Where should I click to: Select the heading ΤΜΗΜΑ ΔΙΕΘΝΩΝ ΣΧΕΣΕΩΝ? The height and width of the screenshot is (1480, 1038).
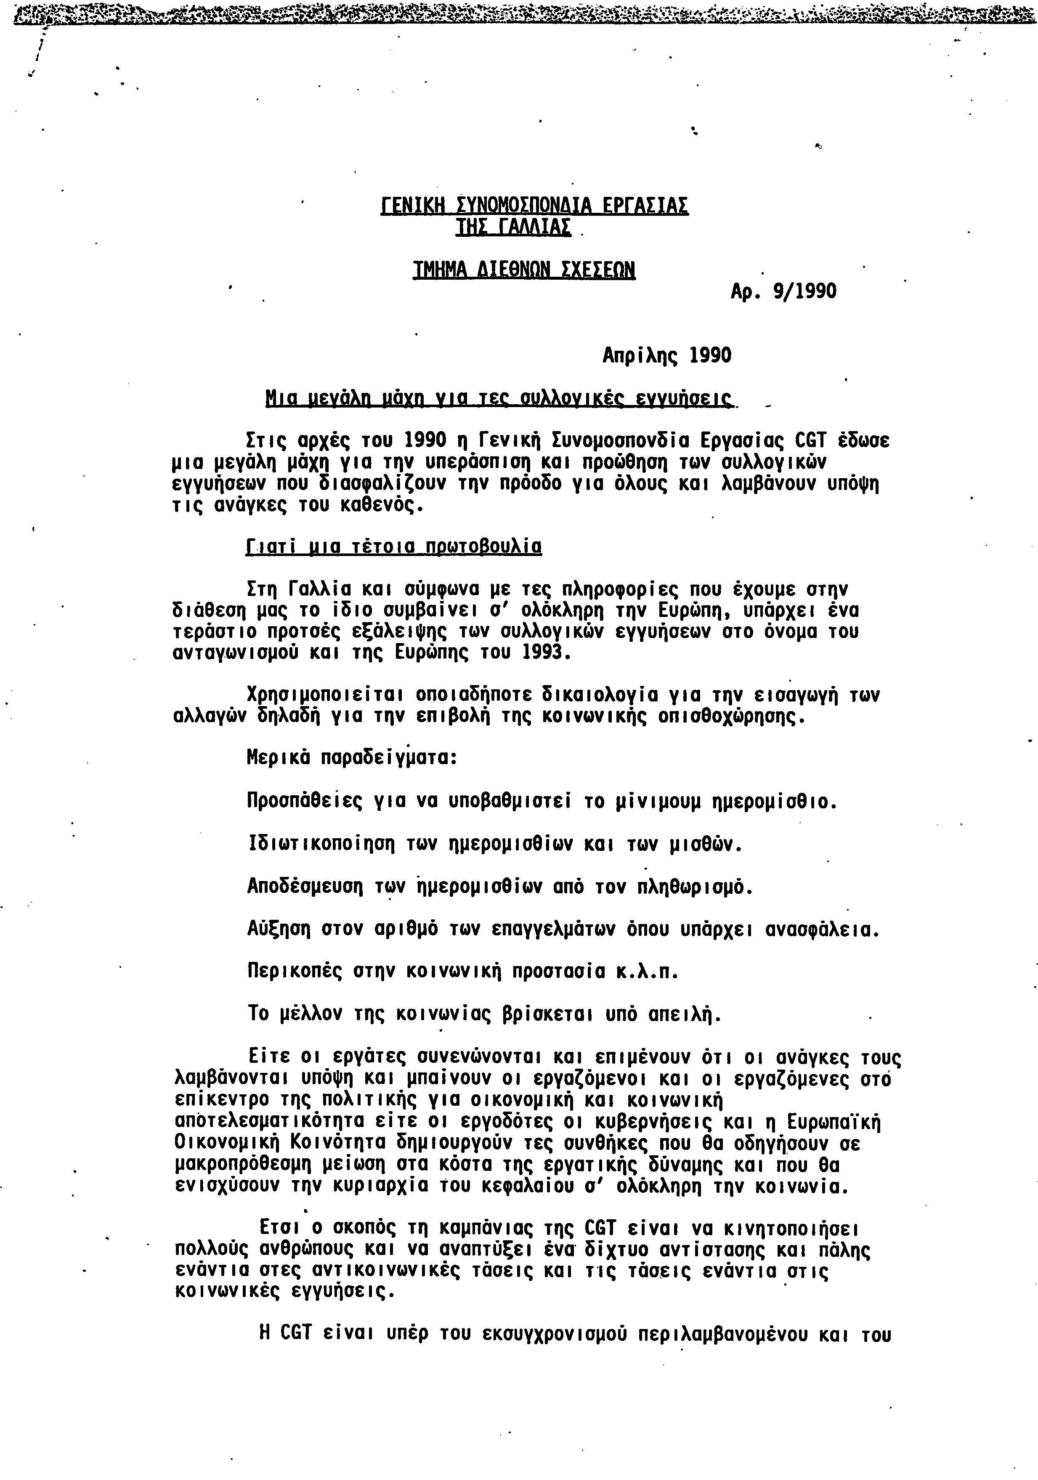click(x=523, y=270)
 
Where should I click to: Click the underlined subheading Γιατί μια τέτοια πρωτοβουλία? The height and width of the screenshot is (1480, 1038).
click(x=394, y=547)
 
